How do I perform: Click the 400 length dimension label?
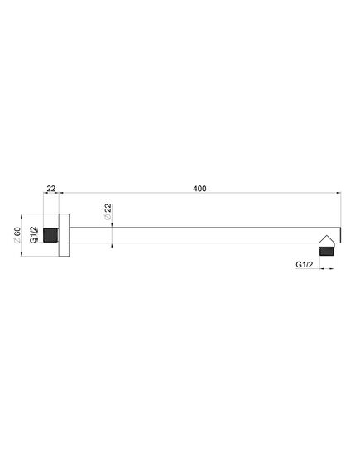coord(199,189)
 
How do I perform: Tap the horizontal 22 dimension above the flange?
coord(51,189)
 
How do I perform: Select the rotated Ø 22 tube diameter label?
coord(108,212)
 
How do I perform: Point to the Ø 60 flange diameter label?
coord(17,235)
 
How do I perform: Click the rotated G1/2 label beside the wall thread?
coord(34,235)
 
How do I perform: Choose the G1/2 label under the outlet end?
coord(305,264)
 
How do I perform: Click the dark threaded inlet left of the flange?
coord(50,235)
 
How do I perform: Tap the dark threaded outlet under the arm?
coord(326,252)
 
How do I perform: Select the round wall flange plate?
coord(64,235)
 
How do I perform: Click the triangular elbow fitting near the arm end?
coord(326,241)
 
